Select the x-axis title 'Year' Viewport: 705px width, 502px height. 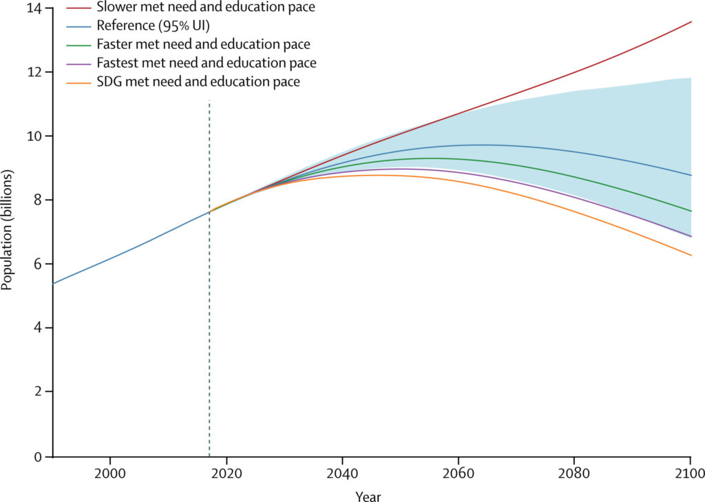(x=368, y=496)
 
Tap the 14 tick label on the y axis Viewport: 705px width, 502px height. (x=34, y=8)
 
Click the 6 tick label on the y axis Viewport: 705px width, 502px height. (x=37, y=264)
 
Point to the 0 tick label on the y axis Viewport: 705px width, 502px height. (x=37, y=456)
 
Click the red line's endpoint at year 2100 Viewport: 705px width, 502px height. (x=691, y=21)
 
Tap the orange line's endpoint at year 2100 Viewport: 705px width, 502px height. (x=691, y=255)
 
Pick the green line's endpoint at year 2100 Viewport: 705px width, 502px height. (x=691, y=211)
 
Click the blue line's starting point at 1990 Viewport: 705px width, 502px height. (x=53, y=283)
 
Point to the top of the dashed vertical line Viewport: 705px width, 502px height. (x=209, y=101)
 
